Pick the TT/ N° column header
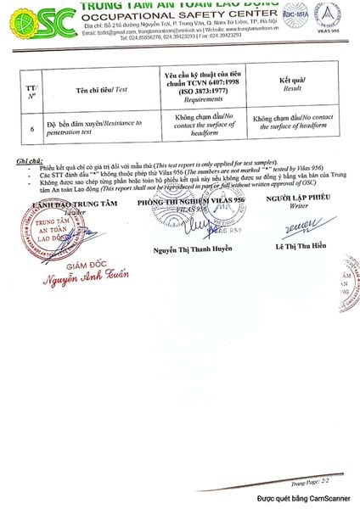coord(32,87)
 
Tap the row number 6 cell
coord(32,129)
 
